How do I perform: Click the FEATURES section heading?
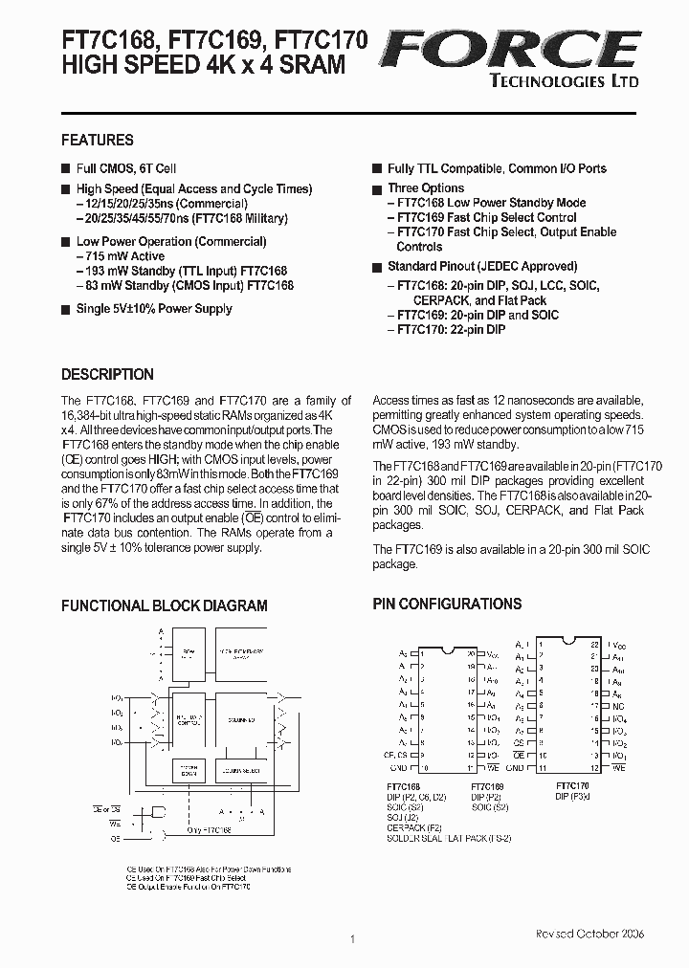[x=98, y=140]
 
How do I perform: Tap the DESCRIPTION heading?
[x=107, y=375]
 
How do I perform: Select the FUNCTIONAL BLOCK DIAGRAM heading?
[x=165, y=605]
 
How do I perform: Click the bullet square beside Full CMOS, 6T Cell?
[x=66, y=168]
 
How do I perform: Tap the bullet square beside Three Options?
[x=377, y=188]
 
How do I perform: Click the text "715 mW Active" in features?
[x=123, y=256]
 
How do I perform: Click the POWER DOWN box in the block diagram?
[x=186, y=770]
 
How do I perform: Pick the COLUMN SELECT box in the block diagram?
[x=240, y=770]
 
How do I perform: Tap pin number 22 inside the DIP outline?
[x=594, y=645]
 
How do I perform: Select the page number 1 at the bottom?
[x=353, y=939]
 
